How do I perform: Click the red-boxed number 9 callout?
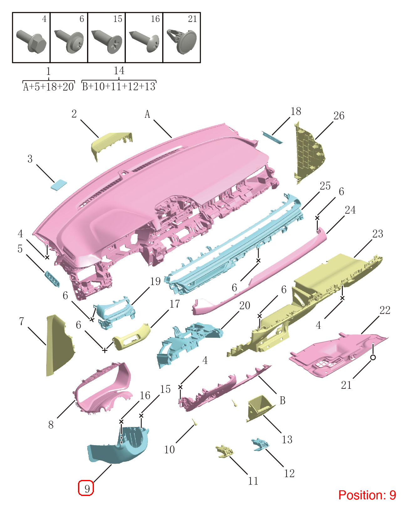[86, 488]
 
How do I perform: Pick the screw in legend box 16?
[144, 41]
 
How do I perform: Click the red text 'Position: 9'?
[367, 495]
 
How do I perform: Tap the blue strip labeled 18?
[272, 137]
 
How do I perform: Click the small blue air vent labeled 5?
[52, 279]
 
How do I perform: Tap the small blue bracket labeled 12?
[260, 444]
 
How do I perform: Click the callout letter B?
[283, 400]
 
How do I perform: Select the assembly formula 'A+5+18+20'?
[49, 86]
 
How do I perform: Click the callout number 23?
[378, 233]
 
